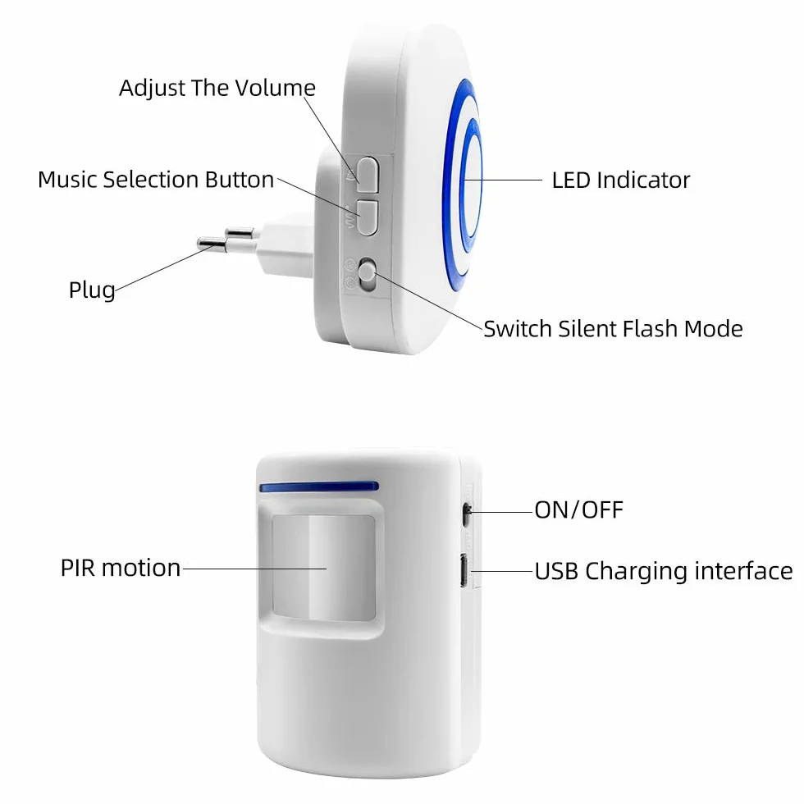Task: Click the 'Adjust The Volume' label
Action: pyautogui.click(x=217, y=89)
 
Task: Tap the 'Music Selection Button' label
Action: pyautogui.click(x=156, y=180)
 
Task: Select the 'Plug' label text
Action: pyautogui.click(x=92, y=290)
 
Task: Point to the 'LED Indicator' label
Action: pyautogui.click(x=621, y=180)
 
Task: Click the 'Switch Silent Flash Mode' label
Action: pyautogui.click(x=614, y=329)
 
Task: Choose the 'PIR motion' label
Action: pyautogui.click(x=121, y=568)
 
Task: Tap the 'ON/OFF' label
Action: pyautogui.click(x=579, y=510)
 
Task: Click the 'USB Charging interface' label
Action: pyautogui.click(x=664, y=571)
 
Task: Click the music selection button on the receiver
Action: pyautogui.click(x=368, y=217)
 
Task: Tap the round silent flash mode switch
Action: pyautogui.click(x=367, y=276)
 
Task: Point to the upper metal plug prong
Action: pyautogui.click(x=240, y=233)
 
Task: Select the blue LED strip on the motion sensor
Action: pyautogui.click(x=319, y=486)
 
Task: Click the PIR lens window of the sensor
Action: pyautogui.click(x=323, y=567)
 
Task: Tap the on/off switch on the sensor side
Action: pyautogui.click(x=467, y=514)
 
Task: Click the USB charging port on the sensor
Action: pyautogui.click(x=464, y=571)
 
